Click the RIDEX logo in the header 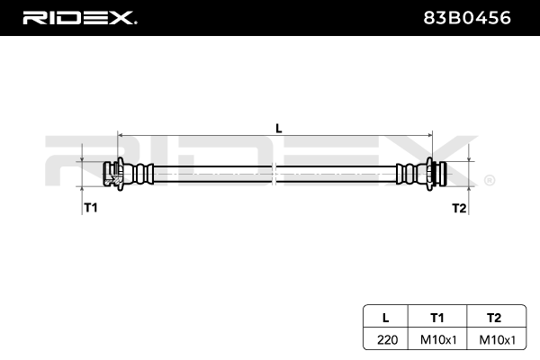pyautogui.click(x=80, y=18)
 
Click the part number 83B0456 pyautogui.click(x=466, y=18)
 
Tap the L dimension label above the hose pyautogui.click(x=279, y=129)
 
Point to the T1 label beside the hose pyautogui.click(x=91, y=208)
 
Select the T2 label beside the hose pyautogui.click(x=459, y=208)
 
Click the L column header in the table pyautogui.click(x=386, y=318)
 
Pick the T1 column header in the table pyautogui.click(x=437, y=318)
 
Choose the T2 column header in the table pyautogui.click(x=494, y=318)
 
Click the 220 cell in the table pyautogui.click(x=387, y=339)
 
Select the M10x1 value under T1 pyautogui.click(x=438, y=339)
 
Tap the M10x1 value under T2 pyautogui.click(x=498, y=339)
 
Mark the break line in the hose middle pyautogui.click(x=274, y=174)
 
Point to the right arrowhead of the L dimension pyautogui.click(x=429, y=136)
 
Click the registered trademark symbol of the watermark pyautogui.click(x=490, y=180)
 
